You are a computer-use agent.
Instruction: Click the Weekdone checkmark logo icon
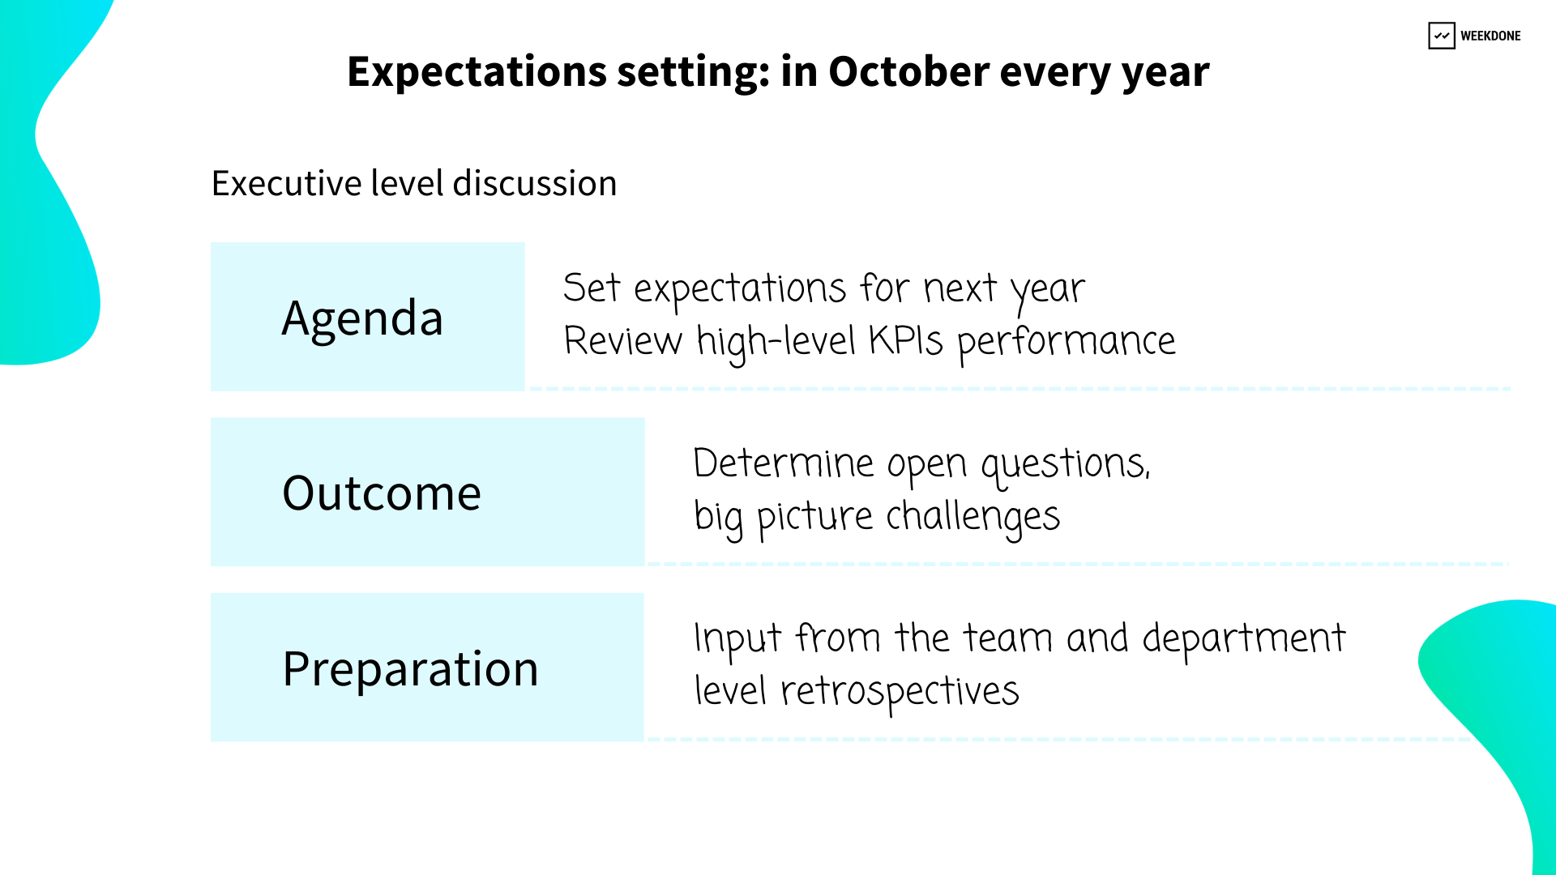(x=1441, y=36)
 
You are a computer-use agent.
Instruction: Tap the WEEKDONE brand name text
(x=1490, y=36)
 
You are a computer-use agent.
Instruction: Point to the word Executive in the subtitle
(x=287, y=183)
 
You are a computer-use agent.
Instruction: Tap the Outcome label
(x=382, y=493)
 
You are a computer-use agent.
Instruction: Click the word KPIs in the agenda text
(x=906, y=340)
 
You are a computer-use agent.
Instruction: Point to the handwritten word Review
(x=623, y=340)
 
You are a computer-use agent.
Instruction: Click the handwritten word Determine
(x=784, y=463)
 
